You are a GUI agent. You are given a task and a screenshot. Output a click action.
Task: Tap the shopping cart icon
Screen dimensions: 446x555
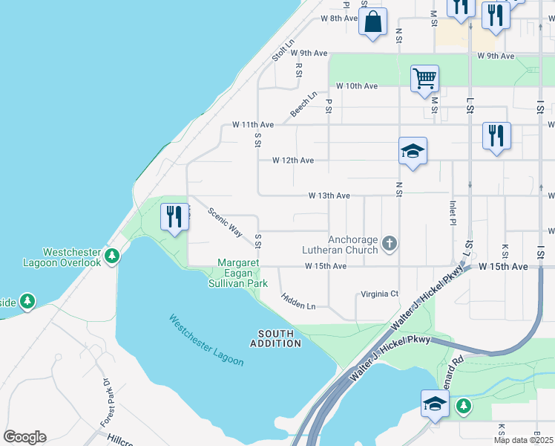pos(424,78)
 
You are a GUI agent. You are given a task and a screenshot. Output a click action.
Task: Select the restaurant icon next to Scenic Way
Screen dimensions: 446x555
pos(175,217)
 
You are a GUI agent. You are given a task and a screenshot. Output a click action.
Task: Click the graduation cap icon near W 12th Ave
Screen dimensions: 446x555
pos(413,152)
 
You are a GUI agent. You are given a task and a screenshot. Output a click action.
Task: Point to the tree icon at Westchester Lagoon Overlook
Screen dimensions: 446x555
pos(112,256)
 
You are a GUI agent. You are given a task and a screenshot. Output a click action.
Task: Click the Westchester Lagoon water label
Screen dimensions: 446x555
pos(206,340)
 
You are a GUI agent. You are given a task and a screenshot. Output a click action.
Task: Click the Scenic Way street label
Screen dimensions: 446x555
pos(225,222)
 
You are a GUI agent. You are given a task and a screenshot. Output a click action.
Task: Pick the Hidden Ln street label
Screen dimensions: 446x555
pos(298,301)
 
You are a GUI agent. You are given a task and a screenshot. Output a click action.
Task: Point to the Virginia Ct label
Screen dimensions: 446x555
pos(379,294)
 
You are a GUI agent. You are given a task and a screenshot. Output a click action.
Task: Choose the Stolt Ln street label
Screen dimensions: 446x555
pos(283,51)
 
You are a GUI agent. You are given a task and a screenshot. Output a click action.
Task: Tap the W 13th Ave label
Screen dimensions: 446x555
pos(329,196)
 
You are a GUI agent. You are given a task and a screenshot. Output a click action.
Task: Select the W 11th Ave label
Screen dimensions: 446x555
pos(252,124)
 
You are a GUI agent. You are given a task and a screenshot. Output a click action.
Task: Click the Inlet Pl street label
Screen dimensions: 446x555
pos(452,212)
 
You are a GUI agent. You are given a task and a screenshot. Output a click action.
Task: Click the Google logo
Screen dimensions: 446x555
pos(24,437)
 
